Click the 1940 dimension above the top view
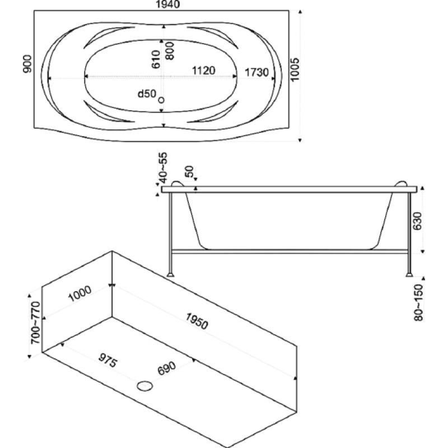[x=167, y=4]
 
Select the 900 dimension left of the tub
[x=27, y=64]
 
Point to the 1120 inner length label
[x=203, y=71]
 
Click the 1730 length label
[x=256, y=72]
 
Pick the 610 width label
[x=156, y=59]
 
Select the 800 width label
[x=170, y=51]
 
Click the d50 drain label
[x=147, y=94]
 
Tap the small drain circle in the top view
[x=161, y=100]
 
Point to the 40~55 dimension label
[x=164, y=168]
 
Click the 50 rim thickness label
[x=189, y=171]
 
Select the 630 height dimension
[x=418, y=221]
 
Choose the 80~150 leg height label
[x=418, y=302]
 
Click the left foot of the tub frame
[x=170, y=275]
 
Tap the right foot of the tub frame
[x=409, y=275]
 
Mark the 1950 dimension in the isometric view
[x=197, y=321]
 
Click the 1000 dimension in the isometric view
[x=80, y=293]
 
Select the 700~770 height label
[x=36, y=323]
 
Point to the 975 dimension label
[x=108, y=361]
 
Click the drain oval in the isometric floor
[x=144, y=386]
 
